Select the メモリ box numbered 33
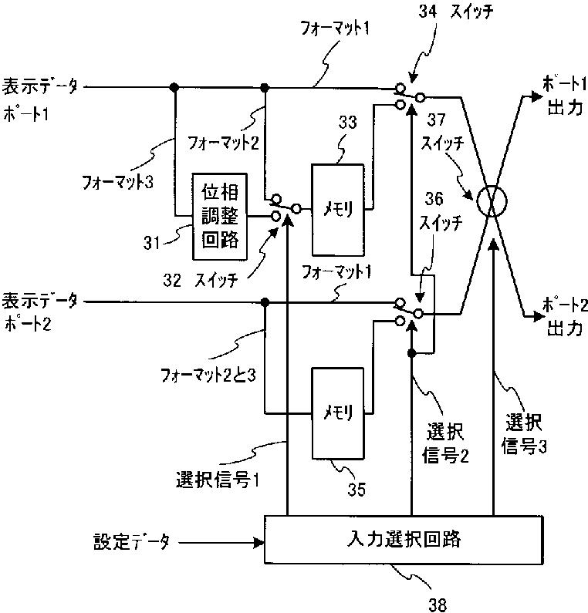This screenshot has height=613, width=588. [337, 209]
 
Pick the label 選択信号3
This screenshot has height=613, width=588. [523, 434]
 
